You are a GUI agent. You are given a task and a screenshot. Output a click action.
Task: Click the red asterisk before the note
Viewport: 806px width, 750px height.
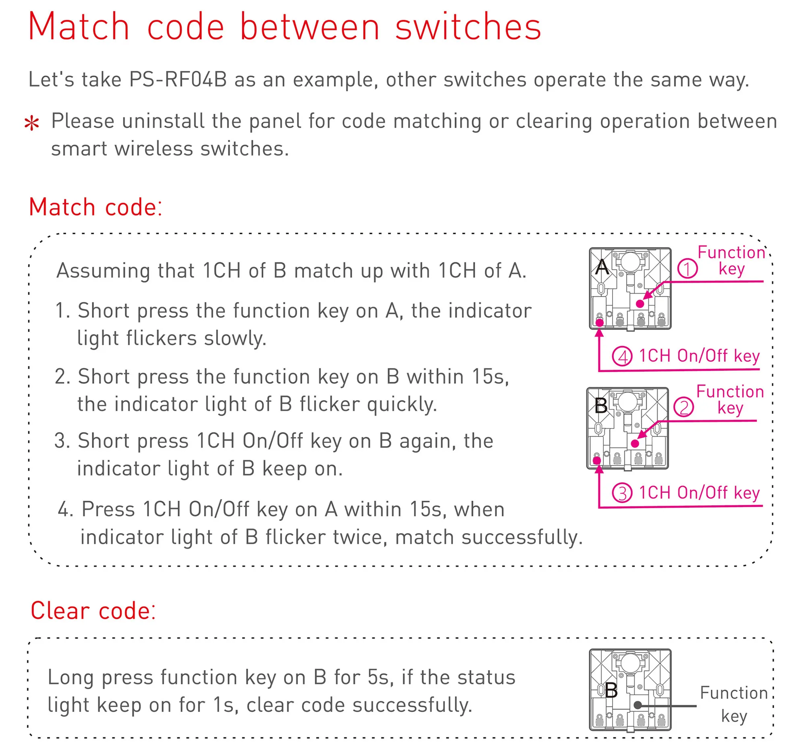point(31,124)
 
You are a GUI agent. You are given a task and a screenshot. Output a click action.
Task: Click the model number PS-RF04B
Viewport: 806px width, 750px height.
point(178,80)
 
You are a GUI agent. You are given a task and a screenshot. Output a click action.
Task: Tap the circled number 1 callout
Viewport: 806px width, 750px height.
point(687,269)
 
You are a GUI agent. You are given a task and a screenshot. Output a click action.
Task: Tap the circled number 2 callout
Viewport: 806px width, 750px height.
point(683,407)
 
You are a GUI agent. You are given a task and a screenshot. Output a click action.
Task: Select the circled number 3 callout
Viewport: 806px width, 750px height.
point(622,493)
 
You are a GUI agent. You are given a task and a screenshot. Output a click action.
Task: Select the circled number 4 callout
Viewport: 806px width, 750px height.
point(622,356)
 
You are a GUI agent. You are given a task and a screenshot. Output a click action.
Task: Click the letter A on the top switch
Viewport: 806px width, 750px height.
point(602,267)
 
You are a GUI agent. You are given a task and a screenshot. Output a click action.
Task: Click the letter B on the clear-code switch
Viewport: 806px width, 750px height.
point(611,690)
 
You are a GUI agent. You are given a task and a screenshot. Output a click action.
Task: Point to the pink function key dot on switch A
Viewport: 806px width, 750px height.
point(640,304)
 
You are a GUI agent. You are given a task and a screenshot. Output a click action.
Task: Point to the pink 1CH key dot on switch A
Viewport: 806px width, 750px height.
point(600,323)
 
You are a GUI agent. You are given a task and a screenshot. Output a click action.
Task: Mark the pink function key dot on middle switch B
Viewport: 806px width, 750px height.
point(635,444)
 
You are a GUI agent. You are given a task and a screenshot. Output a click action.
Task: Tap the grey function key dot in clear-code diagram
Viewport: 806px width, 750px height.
point(637,705)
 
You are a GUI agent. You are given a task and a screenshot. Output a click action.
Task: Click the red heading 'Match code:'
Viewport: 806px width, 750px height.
point(96,207)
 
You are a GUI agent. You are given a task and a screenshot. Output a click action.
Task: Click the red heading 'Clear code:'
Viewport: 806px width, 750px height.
point(93,611)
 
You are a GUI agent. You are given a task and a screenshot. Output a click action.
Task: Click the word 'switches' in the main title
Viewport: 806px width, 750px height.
point(468,27)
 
